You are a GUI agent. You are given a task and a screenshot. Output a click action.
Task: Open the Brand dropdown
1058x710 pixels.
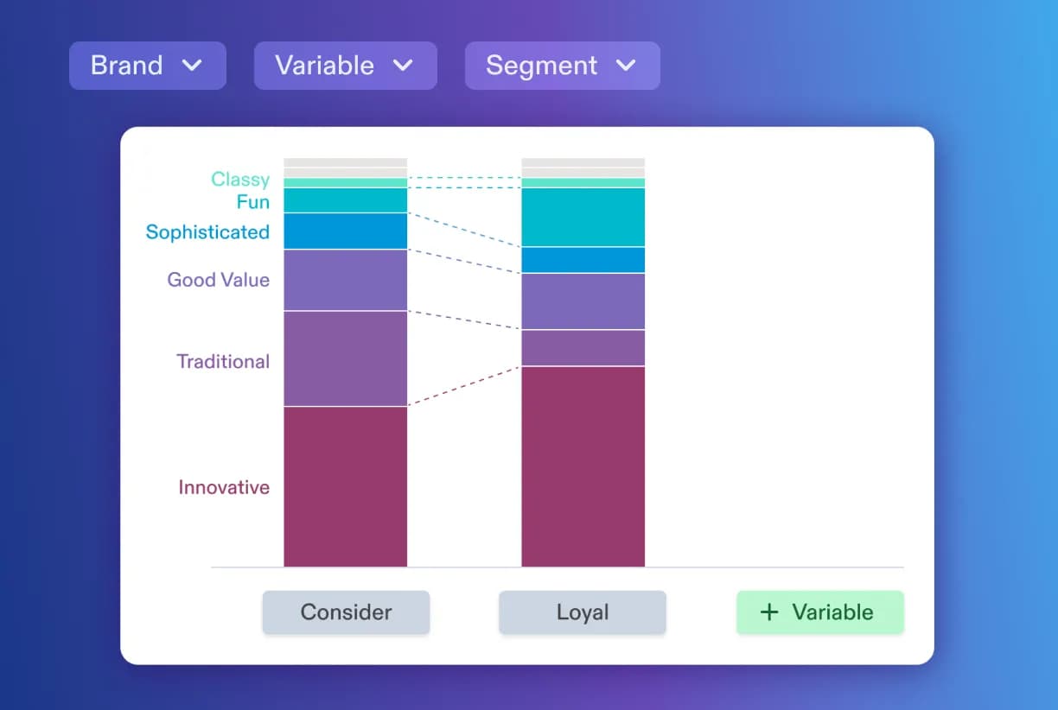(x=147, y=66)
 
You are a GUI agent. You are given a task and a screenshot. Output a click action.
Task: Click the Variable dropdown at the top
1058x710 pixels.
(x=345, y=66)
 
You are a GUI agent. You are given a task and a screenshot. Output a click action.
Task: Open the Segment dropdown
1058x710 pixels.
(x=562, y=66)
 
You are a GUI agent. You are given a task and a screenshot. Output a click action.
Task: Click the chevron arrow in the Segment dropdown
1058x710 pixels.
(x=625, y=66)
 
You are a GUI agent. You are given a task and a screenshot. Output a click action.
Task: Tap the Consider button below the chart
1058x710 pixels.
(x=346, y=612)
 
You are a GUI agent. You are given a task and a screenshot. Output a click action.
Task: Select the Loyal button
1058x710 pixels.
(x=583, y=612)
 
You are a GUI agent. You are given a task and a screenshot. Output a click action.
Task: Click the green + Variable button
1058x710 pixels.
(x=819, y=612)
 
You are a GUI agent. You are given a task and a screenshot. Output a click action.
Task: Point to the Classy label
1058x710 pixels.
(x=240, y=180)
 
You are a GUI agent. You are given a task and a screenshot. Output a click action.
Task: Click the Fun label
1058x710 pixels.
(x=252, y=202)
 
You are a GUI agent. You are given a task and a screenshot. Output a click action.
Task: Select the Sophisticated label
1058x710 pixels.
(x=207, y=232)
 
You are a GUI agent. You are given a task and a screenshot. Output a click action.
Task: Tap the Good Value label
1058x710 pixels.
(x=218, y=280)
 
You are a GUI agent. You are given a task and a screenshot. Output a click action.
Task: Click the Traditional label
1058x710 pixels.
(x=223, y=362)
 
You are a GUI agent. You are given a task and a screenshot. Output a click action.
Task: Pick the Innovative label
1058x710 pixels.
(x=224, y=487)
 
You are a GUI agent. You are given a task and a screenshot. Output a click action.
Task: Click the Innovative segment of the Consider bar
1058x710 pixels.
(x=345, y=486)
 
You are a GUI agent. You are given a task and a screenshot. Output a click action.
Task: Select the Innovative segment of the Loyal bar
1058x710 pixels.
(x=583, y=466)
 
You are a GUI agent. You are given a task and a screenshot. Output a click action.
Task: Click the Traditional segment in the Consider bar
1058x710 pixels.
(x=345, y=358)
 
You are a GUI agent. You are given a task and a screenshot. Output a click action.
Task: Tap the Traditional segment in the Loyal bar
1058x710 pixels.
(x=583, y=348)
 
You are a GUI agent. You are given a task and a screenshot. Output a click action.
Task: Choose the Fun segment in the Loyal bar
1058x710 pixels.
(x=583, y=218)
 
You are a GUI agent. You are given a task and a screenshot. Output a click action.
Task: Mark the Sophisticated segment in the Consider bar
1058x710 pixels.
(x=345, y=231)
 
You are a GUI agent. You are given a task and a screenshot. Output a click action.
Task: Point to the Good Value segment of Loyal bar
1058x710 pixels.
(x=583, y=301)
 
